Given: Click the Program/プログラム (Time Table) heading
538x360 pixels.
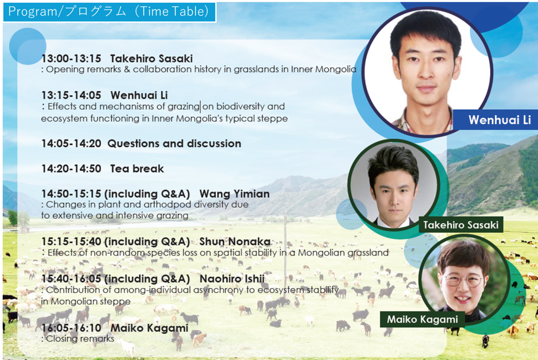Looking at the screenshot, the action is [x=108, y=11].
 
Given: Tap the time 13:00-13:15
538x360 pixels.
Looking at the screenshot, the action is [x=71, y=59].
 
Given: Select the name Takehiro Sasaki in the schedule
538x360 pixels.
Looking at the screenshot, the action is [x=152, y=59].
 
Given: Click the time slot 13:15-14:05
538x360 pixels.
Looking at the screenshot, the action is [x=71, y=95].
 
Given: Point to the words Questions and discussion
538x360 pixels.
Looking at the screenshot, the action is [x=174, y=143].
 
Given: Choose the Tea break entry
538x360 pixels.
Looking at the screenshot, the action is [x=137, y=168].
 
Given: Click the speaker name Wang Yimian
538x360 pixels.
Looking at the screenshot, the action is [x=235, y=194].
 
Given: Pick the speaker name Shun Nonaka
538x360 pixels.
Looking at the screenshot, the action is [x=235, y=242].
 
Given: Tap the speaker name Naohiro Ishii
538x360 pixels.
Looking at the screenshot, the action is [x=232, y=279].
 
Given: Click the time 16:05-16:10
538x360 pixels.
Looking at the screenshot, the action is [x=71, y=328].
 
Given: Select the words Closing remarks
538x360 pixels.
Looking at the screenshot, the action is [x=80, y=339].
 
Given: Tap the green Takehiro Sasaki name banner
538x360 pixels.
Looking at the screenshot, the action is [x=461, y=225].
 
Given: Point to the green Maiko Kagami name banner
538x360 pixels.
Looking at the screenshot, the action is [x=422, y=319].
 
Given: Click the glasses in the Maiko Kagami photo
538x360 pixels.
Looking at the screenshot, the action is [x=463, y=281].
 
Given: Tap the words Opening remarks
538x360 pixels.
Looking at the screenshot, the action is [x=84, y=69].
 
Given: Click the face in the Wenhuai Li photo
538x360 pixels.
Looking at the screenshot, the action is [x=427, y=65].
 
